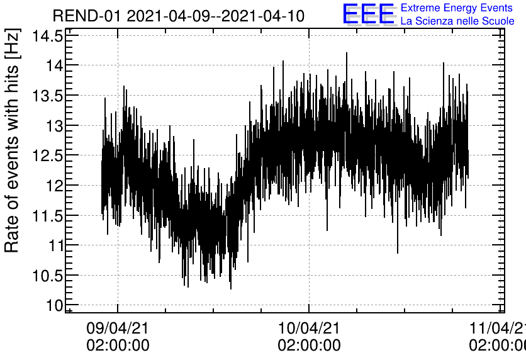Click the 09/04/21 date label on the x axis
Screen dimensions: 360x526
118,328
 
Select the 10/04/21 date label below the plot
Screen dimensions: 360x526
309,328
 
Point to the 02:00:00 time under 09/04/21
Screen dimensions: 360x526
118,345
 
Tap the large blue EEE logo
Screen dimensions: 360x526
368,14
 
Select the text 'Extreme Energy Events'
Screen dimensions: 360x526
456,8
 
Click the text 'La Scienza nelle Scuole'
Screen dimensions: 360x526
457,21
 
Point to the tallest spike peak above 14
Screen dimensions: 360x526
346,53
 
